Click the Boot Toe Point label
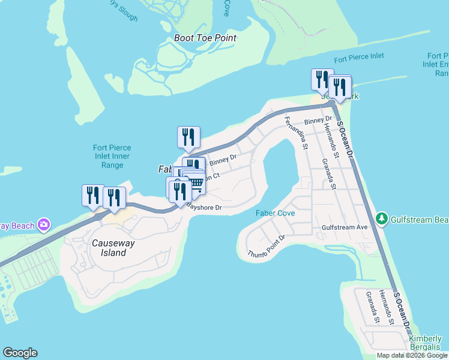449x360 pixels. coord(205,38)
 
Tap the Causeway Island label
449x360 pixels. coord(109,248)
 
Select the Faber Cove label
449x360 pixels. coord(275,213)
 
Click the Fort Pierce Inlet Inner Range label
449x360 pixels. coord(112,157)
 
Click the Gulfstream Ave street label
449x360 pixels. coord(344,228)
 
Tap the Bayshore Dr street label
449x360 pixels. coord(204,208)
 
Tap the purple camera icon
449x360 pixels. coord(43,226)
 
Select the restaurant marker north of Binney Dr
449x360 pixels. coord(188,137)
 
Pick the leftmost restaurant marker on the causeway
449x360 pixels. coord(93,195)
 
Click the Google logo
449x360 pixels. coord(20,353)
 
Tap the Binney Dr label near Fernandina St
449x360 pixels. coord(313,122)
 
